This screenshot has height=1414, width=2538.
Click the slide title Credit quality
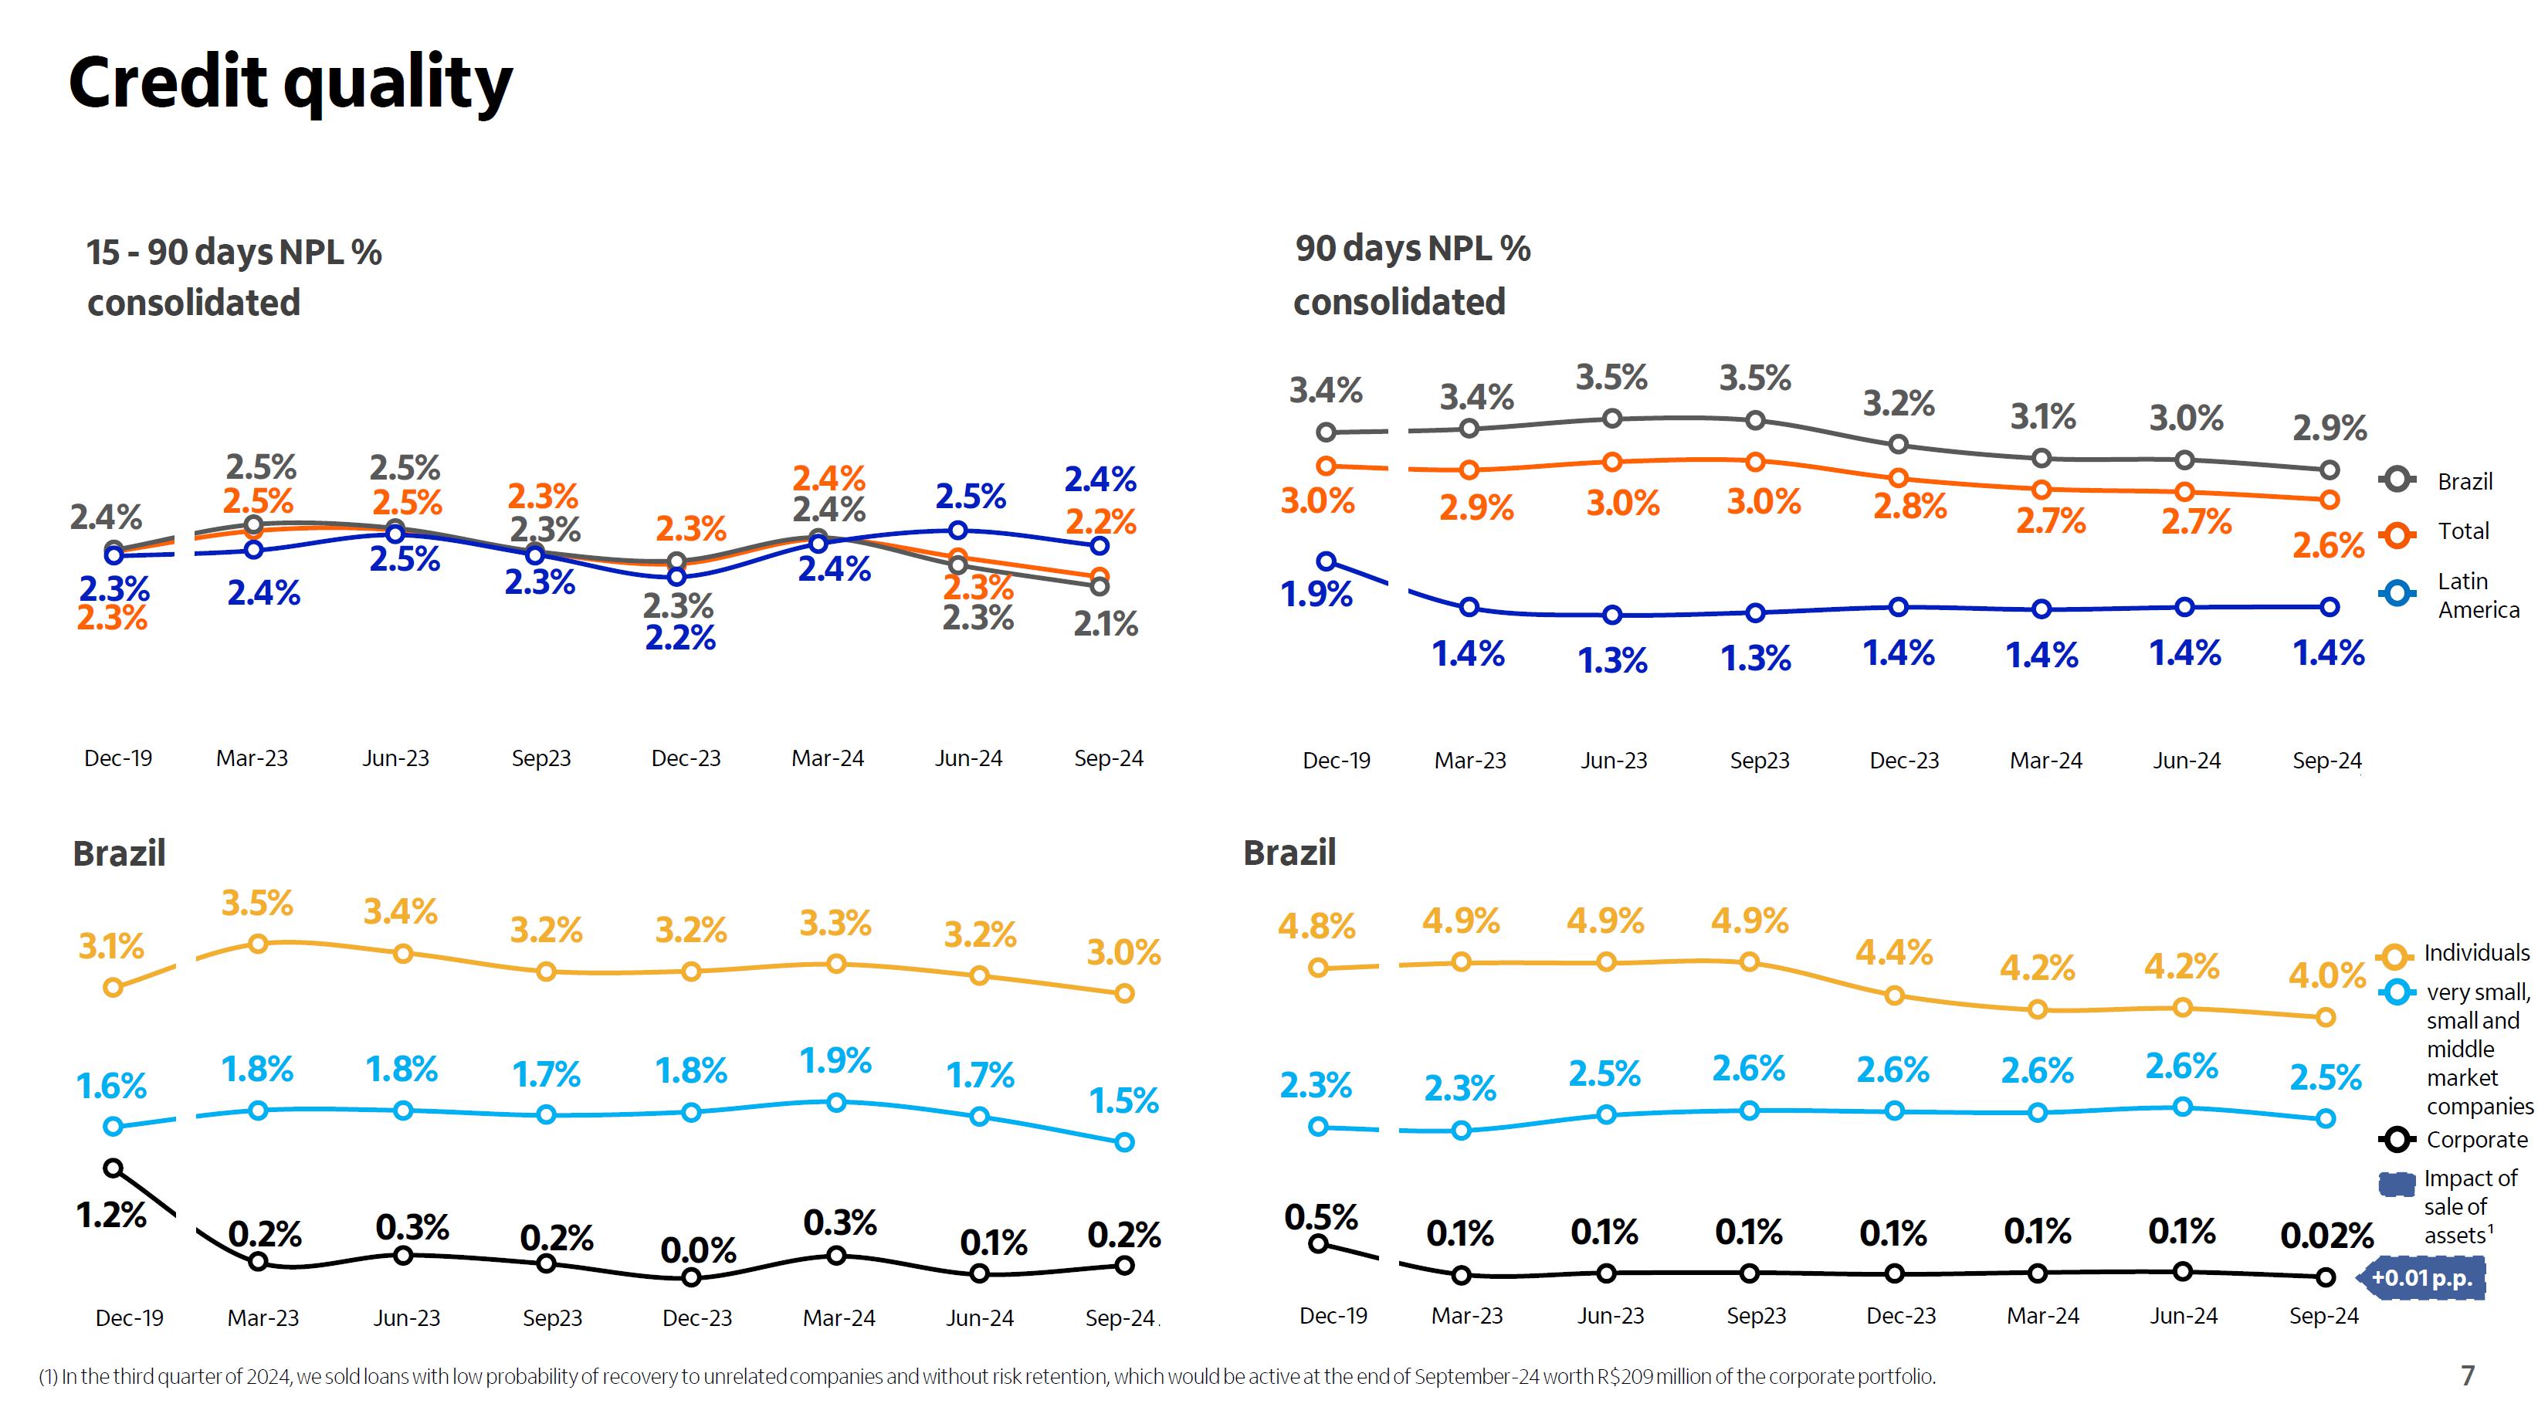(x=290, y=83)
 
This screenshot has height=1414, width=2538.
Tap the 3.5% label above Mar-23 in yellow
(x=257, y=903)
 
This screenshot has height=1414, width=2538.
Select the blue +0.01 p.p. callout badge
(x=2421, y=1278)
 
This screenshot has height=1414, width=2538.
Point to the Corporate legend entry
(x=2476, y=1139)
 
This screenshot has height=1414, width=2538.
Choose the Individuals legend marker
(x=2395, y=954)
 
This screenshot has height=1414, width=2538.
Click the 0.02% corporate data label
(x=2326, y=1236)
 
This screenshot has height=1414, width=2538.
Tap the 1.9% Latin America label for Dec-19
(x=1316, y=594)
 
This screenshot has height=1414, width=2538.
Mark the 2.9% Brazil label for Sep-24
(x=2329, y=428)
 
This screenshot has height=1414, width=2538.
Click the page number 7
(x=2467, y=1375)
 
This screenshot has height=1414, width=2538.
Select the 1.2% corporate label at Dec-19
(x=111, y=1215)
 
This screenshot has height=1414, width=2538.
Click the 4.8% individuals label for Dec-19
(x=1316, y=926)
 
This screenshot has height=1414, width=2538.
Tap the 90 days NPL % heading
(x=1412, y=249)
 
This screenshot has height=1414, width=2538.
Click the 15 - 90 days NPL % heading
(x=233, y=253)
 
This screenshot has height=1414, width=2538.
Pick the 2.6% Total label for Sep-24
(x=2327, y=545)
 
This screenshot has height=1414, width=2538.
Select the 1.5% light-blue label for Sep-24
(x=1124, y=1100)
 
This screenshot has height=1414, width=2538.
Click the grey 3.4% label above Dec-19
(x=1325, y=390)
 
